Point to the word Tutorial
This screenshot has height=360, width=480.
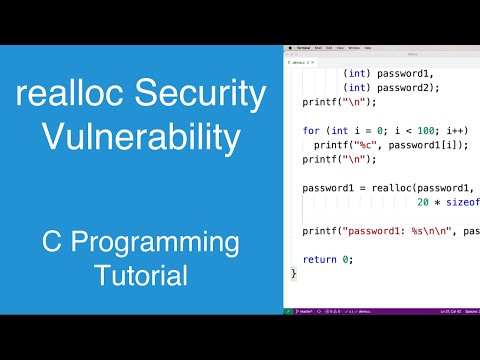[x=140, y=274]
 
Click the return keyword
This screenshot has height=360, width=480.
[x=320, y=259]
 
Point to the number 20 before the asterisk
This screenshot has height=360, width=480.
[x=423, y=202]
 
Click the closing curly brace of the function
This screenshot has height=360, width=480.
[x=293, y=273]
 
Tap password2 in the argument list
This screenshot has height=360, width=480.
[x=404, y=87]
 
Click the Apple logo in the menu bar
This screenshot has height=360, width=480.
[x=289, y=47]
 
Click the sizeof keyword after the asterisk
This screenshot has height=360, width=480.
[x=462, y=202]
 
